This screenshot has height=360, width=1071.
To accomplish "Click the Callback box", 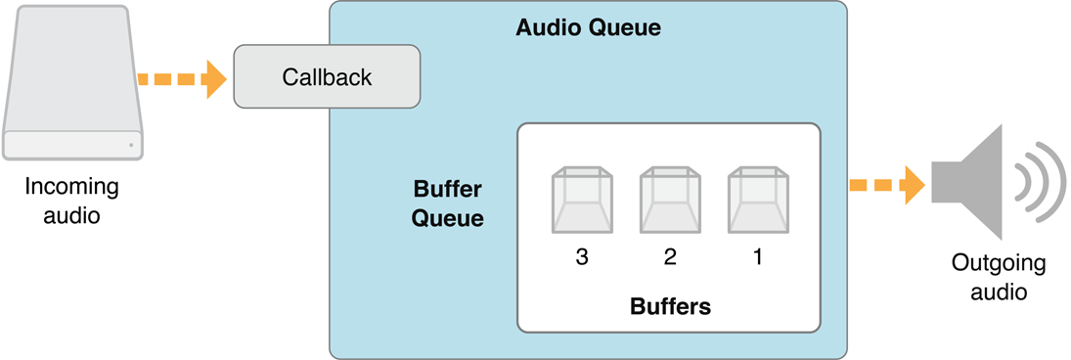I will tap(327, 76).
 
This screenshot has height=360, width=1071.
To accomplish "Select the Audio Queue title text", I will tap(588, 28).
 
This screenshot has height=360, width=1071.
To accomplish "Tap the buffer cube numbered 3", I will tap(582, 200).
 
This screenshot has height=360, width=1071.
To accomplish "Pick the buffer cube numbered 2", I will tap(670, 200).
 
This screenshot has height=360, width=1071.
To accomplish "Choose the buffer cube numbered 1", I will tap(758, 200).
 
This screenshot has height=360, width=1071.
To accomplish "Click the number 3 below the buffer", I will tap(582, 257).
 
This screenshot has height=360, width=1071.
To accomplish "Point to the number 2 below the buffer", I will tap(670, 257).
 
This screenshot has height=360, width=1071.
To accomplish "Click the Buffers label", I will tap(670, 306).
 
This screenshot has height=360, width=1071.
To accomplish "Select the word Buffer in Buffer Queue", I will tap(448, 188).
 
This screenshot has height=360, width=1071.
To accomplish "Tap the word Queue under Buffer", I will tap(447, 217).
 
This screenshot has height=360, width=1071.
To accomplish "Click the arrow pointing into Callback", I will tap(182, 78).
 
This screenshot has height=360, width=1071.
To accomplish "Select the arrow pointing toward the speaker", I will tap(886, 184).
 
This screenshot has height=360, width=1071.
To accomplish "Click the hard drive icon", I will tap(73, 83).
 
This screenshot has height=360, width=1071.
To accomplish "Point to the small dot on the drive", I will tap(131, 146).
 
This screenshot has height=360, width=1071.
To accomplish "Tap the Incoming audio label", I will tap(71, 201).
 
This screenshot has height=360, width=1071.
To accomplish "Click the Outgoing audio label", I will tap(999, 277).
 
